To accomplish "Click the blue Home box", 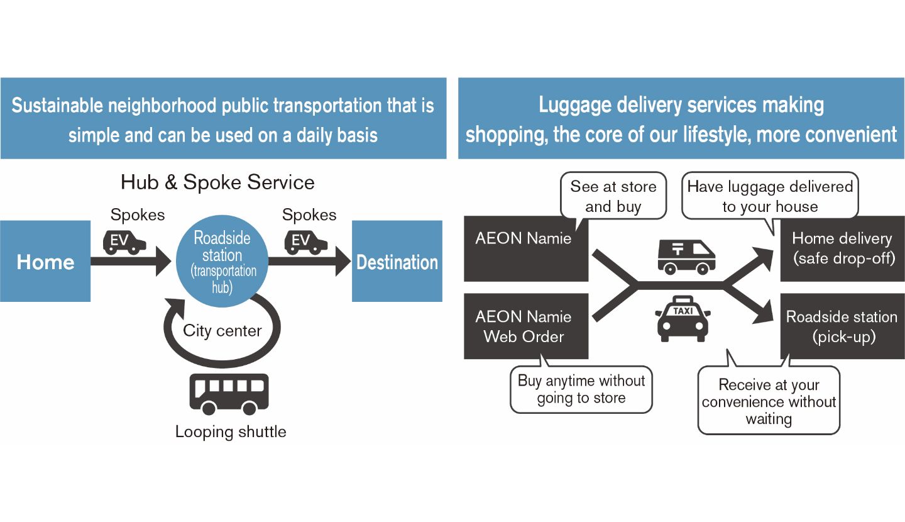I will tap(45, 261).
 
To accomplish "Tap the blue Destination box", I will tap(397, 261).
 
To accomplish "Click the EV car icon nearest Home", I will tap(124, 241).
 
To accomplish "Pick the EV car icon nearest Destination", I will tap(306, 241).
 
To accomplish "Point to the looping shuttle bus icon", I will tap(229, 394).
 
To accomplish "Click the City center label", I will tap(222, 330).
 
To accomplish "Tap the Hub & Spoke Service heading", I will tap(217, 182).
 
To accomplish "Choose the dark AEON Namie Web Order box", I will tap(525, 326).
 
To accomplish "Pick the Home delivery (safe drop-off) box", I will tap(842, 248).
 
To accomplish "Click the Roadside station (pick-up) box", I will tap(842, 326).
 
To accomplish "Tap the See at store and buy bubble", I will tap(613, 196).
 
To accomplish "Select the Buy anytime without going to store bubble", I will tap(581, 389).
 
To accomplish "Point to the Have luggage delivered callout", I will tap(770, 196).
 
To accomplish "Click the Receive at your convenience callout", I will tap(769, 402).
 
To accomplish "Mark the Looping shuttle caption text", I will tap(231, 432).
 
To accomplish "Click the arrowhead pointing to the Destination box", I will tap(343, 261).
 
